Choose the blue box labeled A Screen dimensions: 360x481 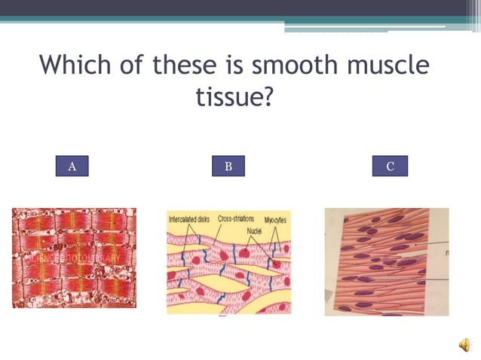pyautogui.click(x=72, y=166)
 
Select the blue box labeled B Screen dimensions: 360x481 pyautogui.click(x=228, y=166)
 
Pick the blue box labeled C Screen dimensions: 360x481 pyautogui.click(x=390, y=166)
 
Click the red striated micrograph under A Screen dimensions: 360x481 pyautogui.click(x=74, y=258)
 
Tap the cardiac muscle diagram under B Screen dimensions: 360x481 pyautogui.click(x=228, y=262)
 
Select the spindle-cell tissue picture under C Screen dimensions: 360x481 pyautogui.click(x=386, y=261)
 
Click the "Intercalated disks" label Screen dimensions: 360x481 pyautogui.click(x=191, y=219)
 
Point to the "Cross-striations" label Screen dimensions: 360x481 pyautogui.click(x=235, y=218)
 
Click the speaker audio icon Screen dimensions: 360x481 pyautogui.click(x=465, y=345)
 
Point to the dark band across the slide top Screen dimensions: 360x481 pyautogui.click(x=240, y=8)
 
